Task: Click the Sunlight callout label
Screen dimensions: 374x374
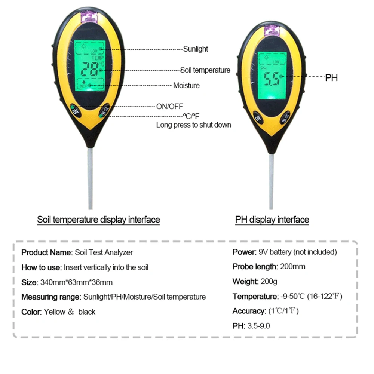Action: [x=196, y=49]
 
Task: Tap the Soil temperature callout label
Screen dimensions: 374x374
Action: [x=205, y=70]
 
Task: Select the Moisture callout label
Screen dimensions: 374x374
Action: [x=186, y=86]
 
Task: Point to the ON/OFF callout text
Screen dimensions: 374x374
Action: [x=170, y=107]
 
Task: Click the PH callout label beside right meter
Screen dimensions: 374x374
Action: [x=331, y=78]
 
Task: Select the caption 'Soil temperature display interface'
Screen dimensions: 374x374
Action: [x=98, y=220]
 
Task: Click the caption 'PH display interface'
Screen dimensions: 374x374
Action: [x=272, y=220]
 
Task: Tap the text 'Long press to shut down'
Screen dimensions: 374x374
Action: [x=194, y=125]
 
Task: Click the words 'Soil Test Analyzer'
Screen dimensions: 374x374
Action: [x=104, y=252]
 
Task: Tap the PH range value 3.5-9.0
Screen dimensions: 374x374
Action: [x=258, y=326]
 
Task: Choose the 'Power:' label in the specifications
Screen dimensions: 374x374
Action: [x=244, y=252]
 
